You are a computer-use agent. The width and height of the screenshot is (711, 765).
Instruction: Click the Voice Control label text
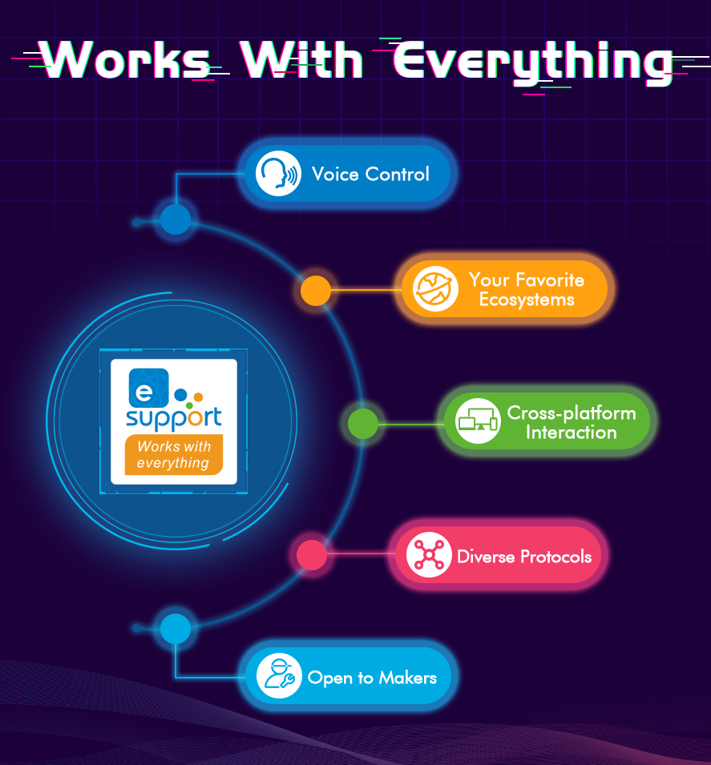370,175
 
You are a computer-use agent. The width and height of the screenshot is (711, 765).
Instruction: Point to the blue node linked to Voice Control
176,219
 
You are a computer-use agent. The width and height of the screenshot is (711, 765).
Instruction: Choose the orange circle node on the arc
316,291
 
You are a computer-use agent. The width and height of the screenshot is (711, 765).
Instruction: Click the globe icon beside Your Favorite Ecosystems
435,289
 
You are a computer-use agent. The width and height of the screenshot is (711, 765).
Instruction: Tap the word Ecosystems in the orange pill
527,300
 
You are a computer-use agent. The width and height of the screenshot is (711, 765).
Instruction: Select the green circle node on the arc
363,423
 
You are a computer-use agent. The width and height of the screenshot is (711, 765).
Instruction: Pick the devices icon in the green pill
479,421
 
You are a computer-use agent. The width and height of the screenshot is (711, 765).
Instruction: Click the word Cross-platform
571,413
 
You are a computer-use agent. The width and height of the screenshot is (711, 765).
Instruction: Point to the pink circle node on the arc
312,554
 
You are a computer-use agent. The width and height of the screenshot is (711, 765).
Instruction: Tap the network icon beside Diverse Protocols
429,555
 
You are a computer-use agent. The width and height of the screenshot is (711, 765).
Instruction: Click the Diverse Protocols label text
524,556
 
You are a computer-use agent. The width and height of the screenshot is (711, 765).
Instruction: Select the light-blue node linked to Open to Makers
176,629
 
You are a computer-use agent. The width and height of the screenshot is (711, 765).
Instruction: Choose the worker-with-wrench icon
279,677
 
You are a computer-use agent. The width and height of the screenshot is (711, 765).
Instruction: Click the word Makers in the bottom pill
407,678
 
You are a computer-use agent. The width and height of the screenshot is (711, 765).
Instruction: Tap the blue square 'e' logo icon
148,388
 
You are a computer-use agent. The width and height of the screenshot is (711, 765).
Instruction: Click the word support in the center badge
174,418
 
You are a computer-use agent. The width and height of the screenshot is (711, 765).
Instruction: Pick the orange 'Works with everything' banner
173,455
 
